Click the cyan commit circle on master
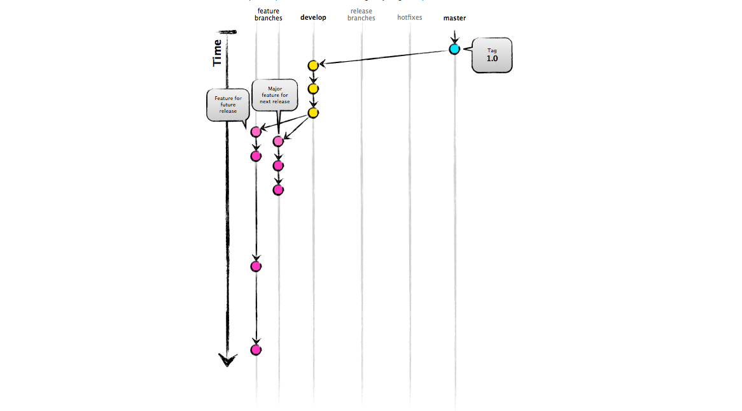coord(454,49)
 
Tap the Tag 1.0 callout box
coord(492,55)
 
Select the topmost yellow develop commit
coord(312,66)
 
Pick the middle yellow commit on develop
coord(312,89)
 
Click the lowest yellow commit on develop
coord(312,113)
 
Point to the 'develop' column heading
coord(313,18)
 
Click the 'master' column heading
coord(454,18)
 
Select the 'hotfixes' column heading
coord(409,18)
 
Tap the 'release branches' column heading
coord(361,15)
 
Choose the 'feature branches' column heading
coord(268,15)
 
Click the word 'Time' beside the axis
coord(218,53)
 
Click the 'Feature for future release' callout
coord(228,105)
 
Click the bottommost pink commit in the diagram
coord(256,350)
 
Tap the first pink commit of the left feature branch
coord(256,132)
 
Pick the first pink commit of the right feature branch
coord(278,141)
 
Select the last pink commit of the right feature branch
coord(278,190)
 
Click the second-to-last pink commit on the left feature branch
coord(256,266)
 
